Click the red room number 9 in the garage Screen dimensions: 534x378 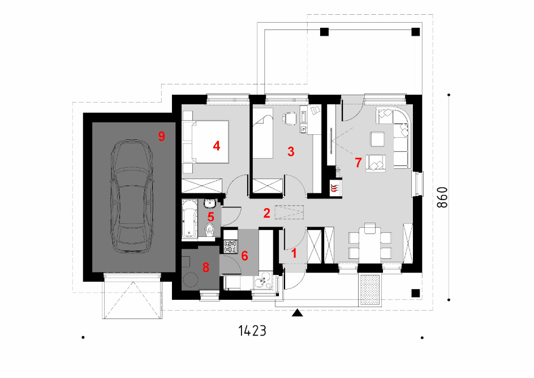pos(161,136)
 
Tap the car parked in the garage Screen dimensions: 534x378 pos(131,196)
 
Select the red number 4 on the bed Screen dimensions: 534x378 pos(216,146)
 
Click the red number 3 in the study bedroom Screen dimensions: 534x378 pos(291,151)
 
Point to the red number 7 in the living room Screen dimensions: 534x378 pos(358,163)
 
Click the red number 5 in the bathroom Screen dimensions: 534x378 pos(210,216)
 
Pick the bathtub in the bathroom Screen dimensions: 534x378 pos(190,219)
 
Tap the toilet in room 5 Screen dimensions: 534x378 pos(210,230)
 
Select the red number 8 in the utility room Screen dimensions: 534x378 pos(206,267)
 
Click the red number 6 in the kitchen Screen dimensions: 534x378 pos(244,256)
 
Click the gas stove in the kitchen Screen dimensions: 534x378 pos(230,247)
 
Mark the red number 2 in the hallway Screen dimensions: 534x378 pos(266,213)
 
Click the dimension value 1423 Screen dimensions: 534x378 pos(252,330)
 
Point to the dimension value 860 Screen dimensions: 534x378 pos(442,197)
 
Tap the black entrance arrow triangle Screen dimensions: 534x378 pos(298,312)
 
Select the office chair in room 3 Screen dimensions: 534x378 pos(289,118)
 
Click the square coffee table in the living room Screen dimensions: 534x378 pos(377,139)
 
